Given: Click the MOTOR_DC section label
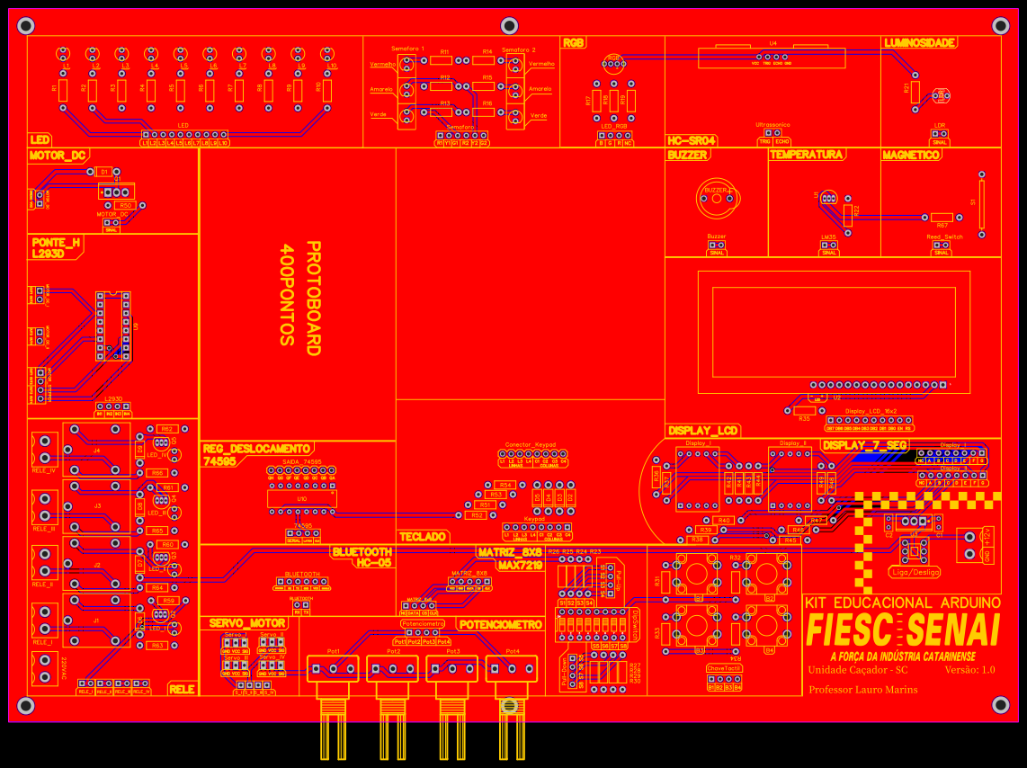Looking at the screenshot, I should click(x=58, y=156).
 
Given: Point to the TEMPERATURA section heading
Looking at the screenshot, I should click(x=807, y=155).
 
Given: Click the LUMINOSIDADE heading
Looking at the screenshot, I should click(x=920, y=42).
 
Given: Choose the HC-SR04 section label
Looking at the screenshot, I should click(x=692, y=141).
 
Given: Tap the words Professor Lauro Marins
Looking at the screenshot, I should click(x=863, y=690).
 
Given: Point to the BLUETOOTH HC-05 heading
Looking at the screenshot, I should click(x=362, y=557).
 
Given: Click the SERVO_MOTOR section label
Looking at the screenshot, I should click(x=248, y=622).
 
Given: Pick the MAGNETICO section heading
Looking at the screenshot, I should click(x=911, y=155).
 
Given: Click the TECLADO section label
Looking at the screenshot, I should click(x=424, y=536).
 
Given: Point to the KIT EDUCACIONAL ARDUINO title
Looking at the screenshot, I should click(x=902, y=602).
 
